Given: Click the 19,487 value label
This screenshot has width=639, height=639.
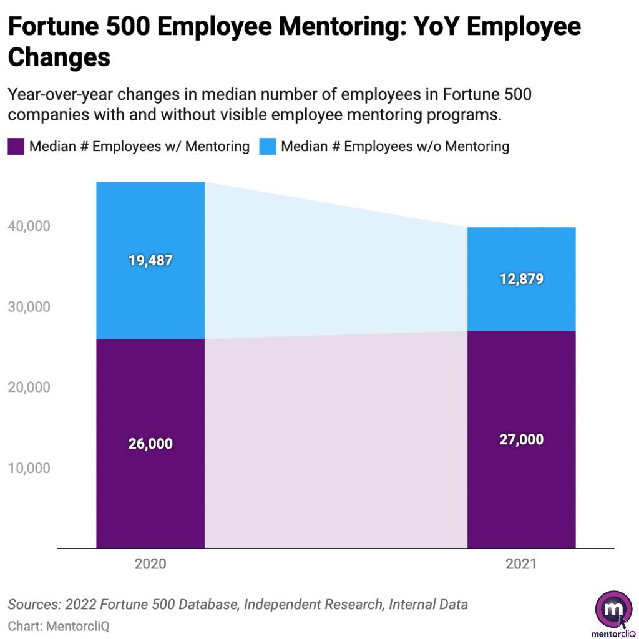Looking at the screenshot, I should tap(150, 261).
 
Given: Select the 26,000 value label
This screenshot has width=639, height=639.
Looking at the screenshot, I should tap(150, 444).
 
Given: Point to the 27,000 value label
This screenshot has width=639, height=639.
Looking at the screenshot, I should tap(521, 439).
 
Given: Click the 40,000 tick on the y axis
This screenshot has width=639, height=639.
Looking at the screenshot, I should tap(28, 226).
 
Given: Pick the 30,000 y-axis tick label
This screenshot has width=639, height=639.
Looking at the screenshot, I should tap(28, 307).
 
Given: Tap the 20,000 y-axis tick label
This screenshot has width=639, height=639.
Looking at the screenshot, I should tap(28, 388).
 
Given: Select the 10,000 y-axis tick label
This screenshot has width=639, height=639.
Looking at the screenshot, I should tap(28, 468).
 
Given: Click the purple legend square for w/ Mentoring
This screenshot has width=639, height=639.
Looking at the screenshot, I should tap(16, 147).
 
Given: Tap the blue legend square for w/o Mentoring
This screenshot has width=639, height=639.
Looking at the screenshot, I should tap(268, 147).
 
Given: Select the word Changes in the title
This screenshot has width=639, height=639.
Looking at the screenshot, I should tap(59, 57).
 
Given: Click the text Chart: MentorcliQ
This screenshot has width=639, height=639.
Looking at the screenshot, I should tap(54, 625).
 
